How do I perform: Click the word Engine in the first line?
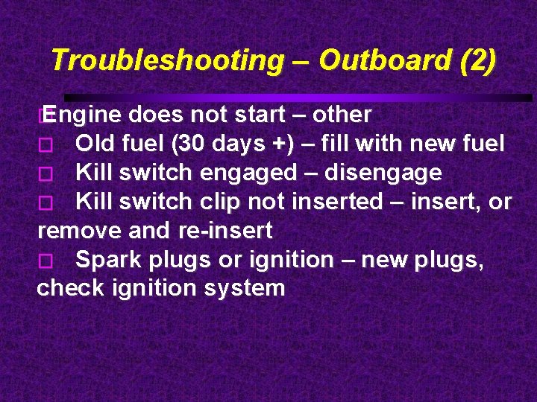(82, 115)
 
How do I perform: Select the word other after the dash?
(342, 115)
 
